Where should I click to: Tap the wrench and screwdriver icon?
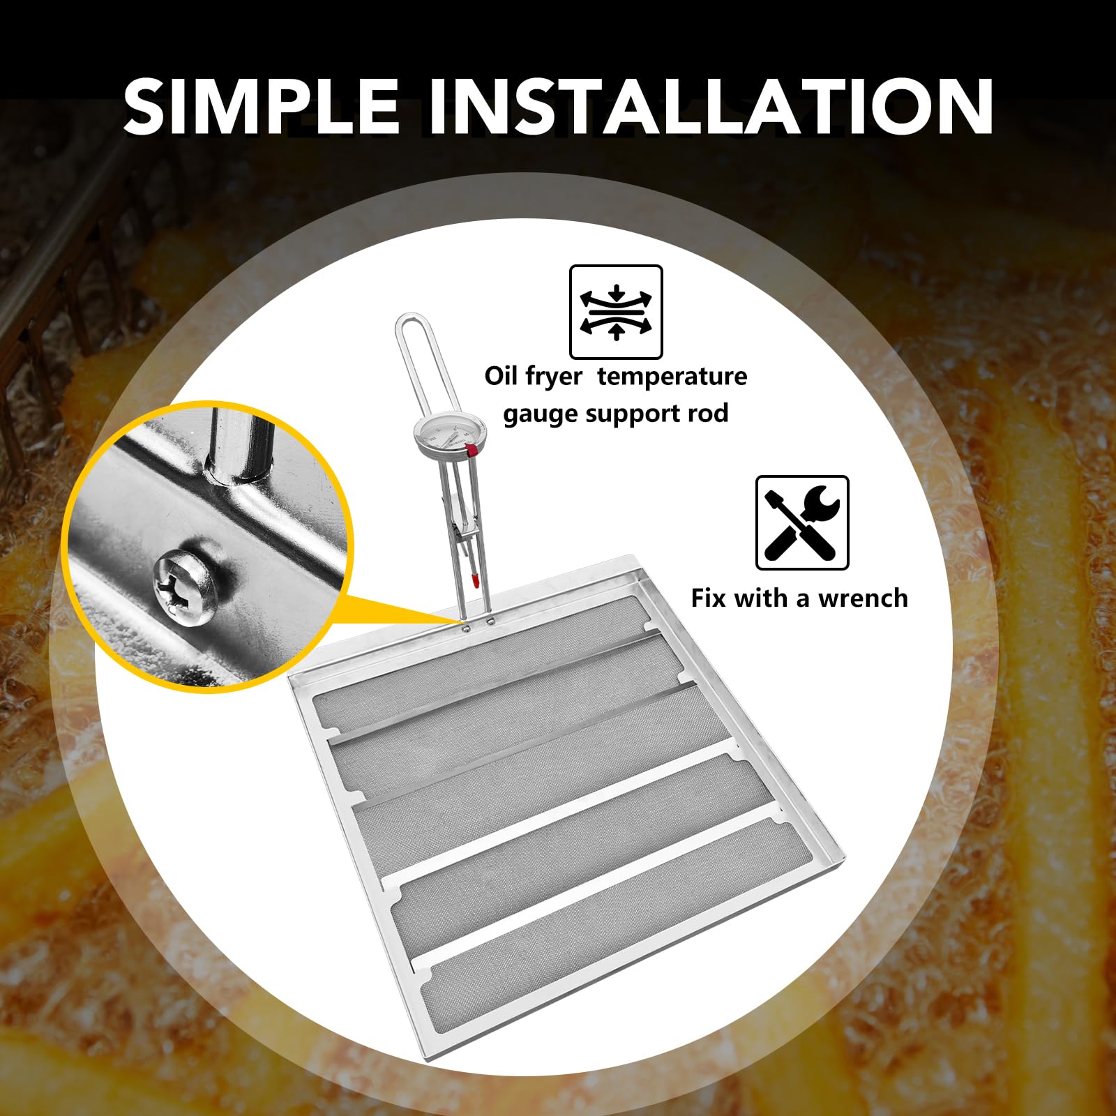[802, 522]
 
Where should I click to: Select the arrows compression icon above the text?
[616, 312]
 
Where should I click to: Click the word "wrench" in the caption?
[863, 598]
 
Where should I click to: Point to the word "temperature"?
[672, 377]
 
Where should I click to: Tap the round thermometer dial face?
[449, 435]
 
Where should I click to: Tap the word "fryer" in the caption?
[555, 377]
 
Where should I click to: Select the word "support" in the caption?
[633, 414]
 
